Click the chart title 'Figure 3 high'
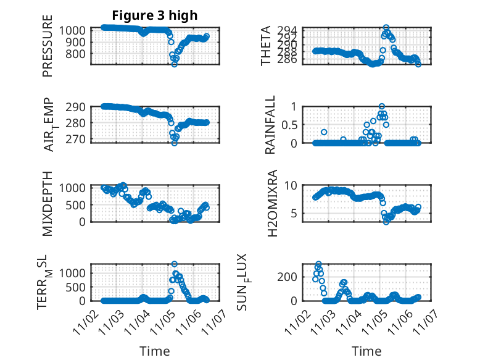tap(154, 15)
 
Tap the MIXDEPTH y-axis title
tap(48, 203)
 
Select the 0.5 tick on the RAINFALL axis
tap(296, 125)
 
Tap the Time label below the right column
tap(366, 351)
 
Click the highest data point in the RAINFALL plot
tap(382, 107)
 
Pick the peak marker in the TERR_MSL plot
tap(174, 264)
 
